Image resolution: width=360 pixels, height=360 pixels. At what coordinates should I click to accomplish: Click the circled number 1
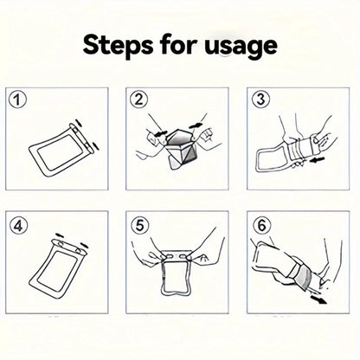pyautogui.click(x=17, y=100)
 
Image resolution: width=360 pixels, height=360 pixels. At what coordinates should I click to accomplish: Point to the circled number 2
pyautogui.click(x=137, y=100)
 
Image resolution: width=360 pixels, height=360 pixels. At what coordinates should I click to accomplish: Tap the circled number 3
pyautogui.click(x=257, y=100)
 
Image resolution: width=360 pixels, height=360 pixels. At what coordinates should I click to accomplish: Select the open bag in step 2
pyautogui.click(x=178, y=143)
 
